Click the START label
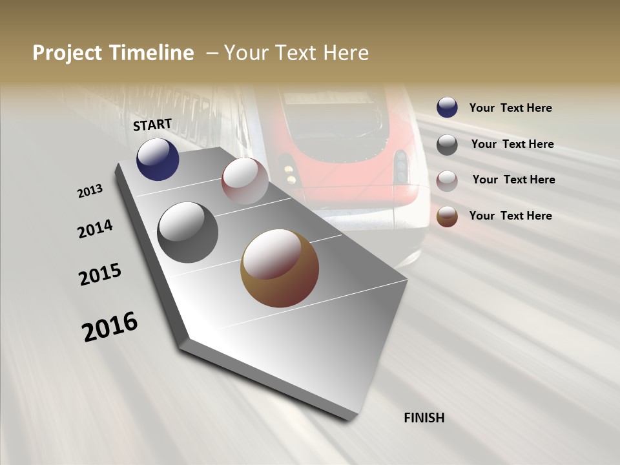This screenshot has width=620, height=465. coord(152,125)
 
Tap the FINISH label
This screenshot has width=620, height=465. coord(424,418)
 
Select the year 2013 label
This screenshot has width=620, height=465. coord(90,191)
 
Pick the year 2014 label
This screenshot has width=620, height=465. coord(96,229)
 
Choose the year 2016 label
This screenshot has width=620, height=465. coord(110,326)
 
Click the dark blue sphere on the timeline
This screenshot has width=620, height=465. coord(158,160)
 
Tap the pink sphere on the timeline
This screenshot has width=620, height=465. coord(245,181)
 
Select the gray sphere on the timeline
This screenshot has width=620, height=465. coord(188,232)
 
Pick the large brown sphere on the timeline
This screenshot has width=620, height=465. coord(280,268)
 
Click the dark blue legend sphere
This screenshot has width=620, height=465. coord(447,107)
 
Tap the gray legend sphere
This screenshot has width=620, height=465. coord(447,145)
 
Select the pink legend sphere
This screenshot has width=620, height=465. coord(447,181)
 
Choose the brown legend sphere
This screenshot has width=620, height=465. coord(447,216)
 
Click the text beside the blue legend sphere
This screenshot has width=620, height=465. coord(510,108)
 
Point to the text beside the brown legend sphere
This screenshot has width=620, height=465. coord(510,216)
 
